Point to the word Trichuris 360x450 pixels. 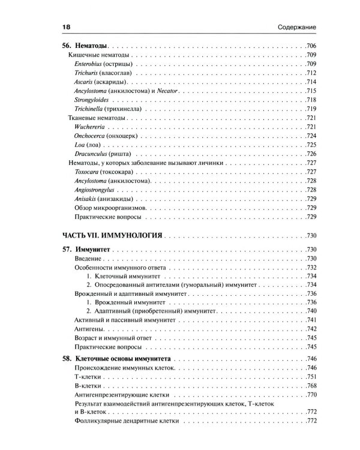(x=88, y=73)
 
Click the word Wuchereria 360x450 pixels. (x=91, y=127)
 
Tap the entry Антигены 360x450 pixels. (x=83, y=329)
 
